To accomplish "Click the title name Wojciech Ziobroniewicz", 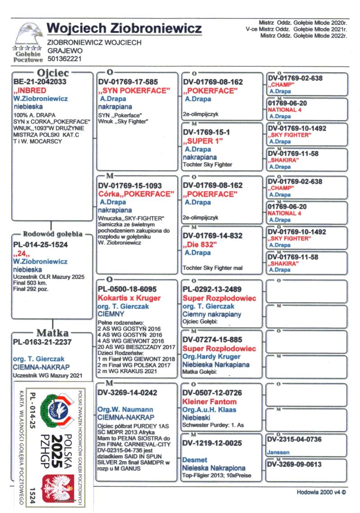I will (x=124, y=28).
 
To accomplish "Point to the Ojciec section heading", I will (x=53, y=73).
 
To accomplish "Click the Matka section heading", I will (x=53, y=333).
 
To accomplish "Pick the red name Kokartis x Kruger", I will (x=129, y=298).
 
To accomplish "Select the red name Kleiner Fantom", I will (x=210, y=401).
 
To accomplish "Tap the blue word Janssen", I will (x=279, y=452).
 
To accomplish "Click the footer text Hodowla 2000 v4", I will (x=321, y=492).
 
